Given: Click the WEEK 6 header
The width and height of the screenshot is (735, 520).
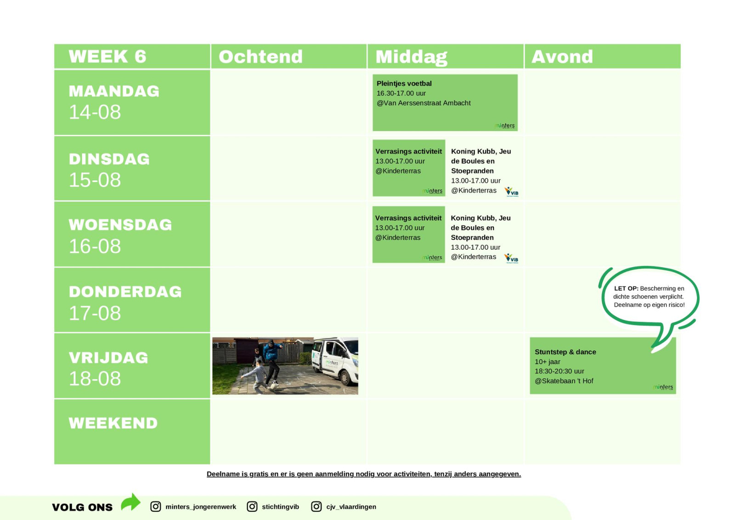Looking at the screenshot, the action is point(107,56).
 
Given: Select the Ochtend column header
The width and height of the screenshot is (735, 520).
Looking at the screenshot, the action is point(260,57).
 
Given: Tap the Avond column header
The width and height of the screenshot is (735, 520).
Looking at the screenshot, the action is point(562,57).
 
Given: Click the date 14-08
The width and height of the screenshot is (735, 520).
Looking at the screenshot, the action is point(95,112).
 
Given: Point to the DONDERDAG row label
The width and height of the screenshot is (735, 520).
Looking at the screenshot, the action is point(125,291).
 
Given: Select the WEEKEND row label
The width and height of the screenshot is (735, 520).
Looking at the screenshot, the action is point(113,423).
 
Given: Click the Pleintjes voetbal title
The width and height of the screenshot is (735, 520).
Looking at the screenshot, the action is point(404,83).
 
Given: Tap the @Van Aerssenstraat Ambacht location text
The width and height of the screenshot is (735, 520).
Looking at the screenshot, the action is point(423,103).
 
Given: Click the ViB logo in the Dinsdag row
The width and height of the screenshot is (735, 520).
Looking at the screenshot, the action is point(511,192).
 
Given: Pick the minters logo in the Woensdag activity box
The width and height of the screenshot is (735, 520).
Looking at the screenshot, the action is point(432,257).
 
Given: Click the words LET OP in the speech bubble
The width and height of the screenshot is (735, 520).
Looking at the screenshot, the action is point(626,288).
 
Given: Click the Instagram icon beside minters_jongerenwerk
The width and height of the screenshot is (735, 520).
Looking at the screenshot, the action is point(156,507).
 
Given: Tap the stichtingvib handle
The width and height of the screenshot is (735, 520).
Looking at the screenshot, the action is point(280,507).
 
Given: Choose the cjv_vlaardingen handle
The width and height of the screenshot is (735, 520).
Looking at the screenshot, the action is point(351,507).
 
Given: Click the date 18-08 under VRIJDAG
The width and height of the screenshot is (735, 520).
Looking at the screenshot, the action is point(95,378).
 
